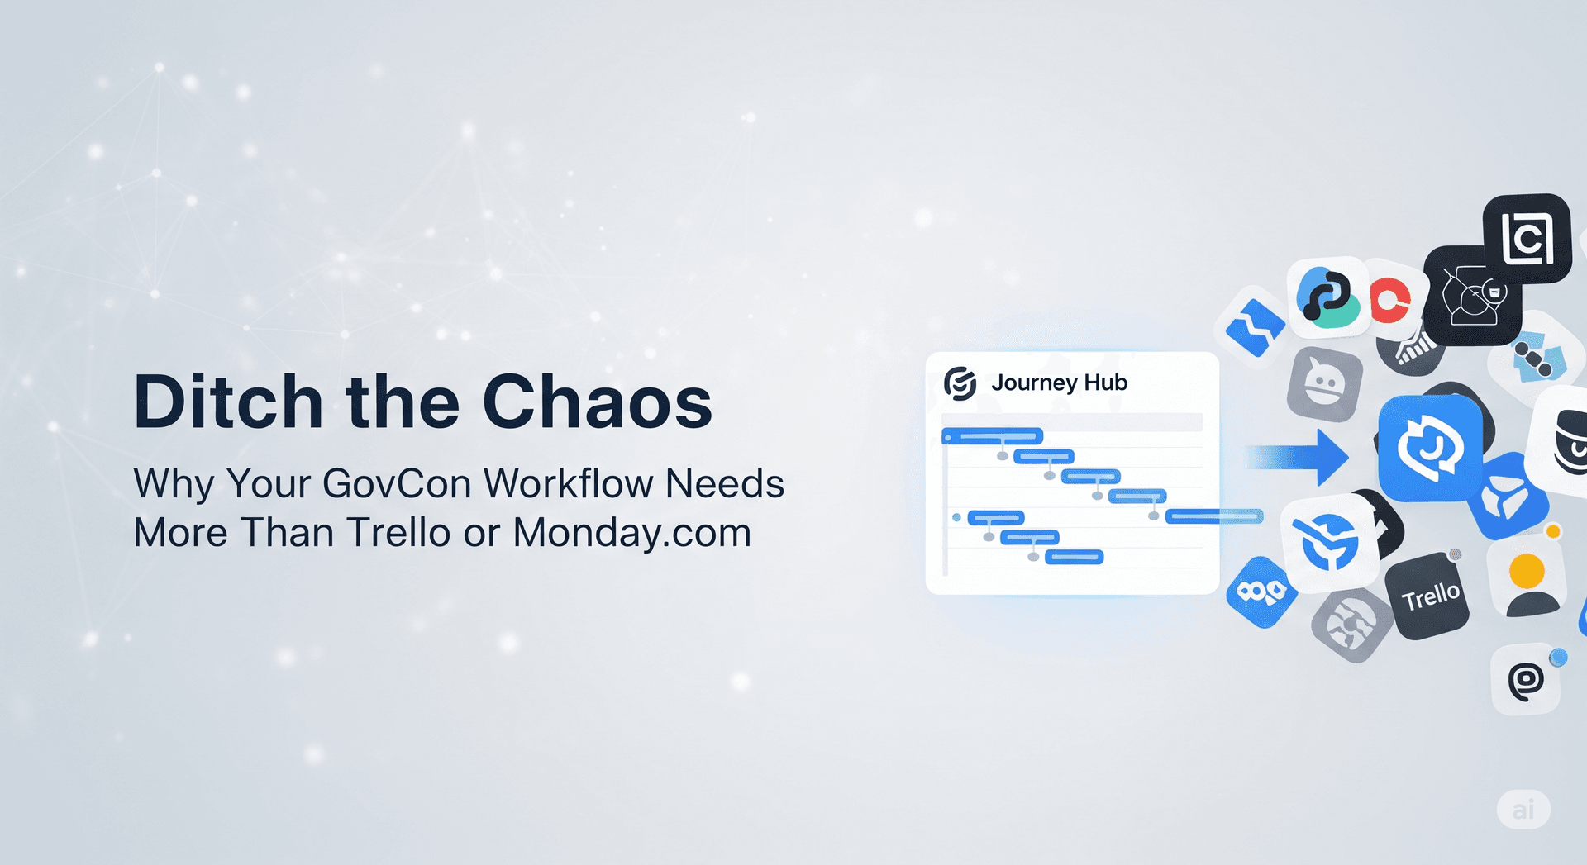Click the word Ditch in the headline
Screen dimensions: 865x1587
point(227,402)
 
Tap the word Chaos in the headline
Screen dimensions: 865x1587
point(597,402)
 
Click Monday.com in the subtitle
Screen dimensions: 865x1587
point(631,533)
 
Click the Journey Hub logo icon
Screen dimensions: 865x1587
point(960,383)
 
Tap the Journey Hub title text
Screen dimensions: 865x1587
point(1059,383)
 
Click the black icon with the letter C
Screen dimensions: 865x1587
point(1526,239)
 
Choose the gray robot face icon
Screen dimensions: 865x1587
point(1324,384)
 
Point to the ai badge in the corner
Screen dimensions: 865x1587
point(1523,809)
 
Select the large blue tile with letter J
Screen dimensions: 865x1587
point(1430,448)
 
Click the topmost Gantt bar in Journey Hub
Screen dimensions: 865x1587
point(993,435)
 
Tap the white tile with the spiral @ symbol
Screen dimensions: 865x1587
point(1526,680)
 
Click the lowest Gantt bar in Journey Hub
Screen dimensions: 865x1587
point(1074,557)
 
